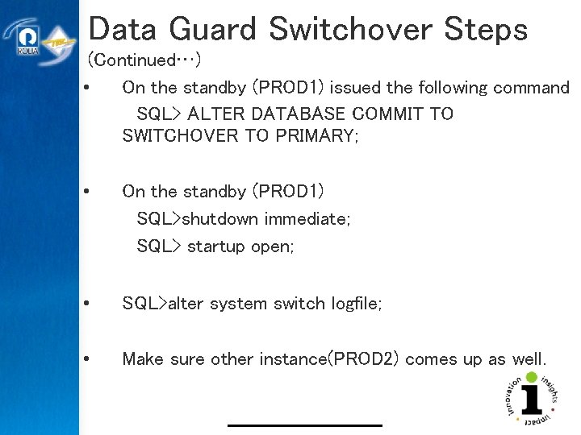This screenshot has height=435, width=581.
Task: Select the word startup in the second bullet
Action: click(x=215, y=246)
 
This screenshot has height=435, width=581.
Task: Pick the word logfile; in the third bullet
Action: click(x=357, y=304)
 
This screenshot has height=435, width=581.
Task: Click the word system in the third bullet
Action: click(x=242, y=304)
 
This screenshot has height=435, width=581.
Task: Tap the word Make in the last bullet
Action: click(x=143, y=359)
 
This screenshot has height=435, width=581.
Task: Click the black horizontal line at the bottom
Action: click(x=304, y=425)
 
